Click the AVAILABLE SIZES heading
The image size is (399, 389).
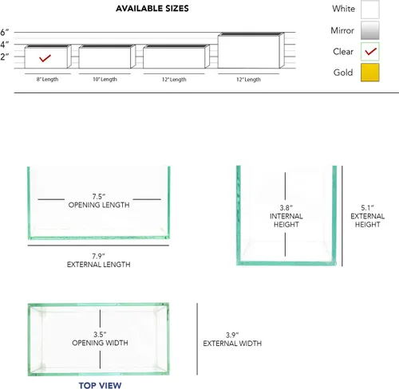click(152, 9)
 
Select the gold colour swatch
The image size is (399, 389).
click(370, 73)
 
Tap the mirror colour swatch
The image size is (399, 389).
click(370, 30)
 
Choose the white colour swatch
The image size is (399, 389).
click(370, 10)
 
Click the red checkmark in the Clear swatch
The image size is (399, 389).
click(371, 51)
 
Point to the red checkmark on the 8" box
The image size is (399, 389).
click(45, 58)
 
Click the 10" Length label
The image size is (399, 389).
click(105, 79)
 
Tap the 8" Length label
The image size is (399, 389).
click(47, 79)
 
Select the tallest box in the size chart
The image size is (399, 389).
click(251, 50)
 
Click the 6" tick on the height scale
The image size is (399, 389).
click(5, 32)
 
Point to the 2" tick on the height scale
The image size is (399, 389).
click(5, 57)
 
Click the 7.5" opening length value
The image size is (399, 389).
click(99, 197)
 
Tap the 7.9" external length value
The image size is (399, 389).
click(98, 256)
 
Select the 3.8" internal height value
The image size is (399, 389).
click(286, 208)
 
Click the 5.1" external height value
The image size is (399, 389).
click(367, 208)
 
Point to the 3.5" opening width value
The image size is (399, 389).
click(100, 334)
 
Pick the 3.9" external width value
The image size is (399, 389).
click(232, 335)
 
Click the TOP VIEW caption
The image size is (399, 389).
click(100, 385)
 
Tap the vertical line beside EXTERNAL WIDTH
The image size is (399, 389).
click(197, 339)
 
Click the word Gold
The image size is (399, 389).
click(343, 73)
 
